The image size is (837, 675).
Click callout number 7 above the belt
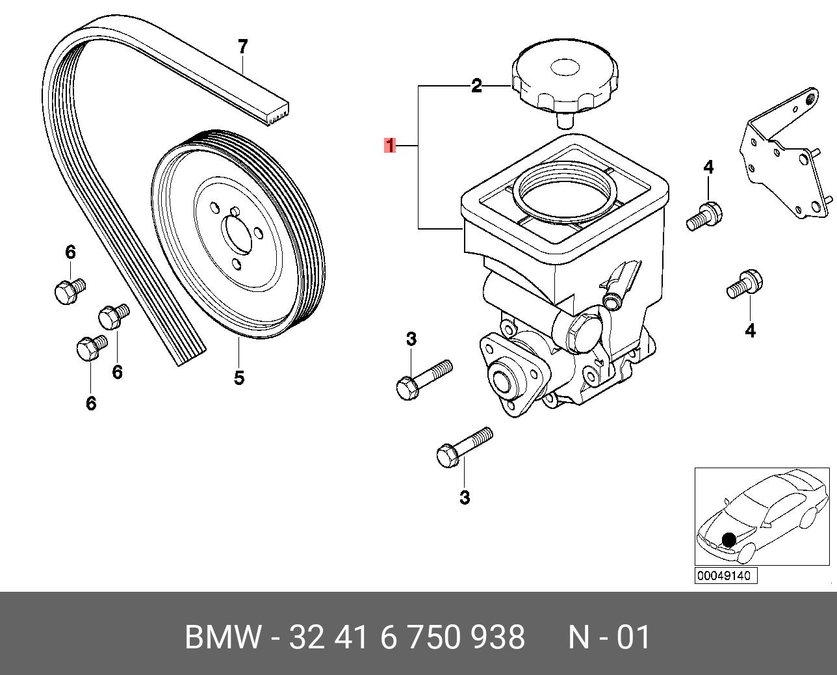coord(242,47)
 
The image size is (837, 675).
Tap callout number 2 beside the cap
coord(476,86)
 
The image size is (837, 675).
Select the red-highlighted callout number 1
coord(390,146)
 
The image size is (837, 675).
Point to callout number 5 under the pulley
coord(239,378)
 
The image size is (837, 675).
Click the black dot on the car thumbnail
coord(729,540)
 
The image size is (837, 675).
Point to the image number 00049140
coord(726,576)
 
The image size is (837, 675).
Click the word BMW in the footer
coord(224,637)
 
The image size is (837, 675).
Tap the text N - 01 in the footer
coord(610,637)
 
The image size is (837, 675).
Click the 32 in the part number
coord(306,637)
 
